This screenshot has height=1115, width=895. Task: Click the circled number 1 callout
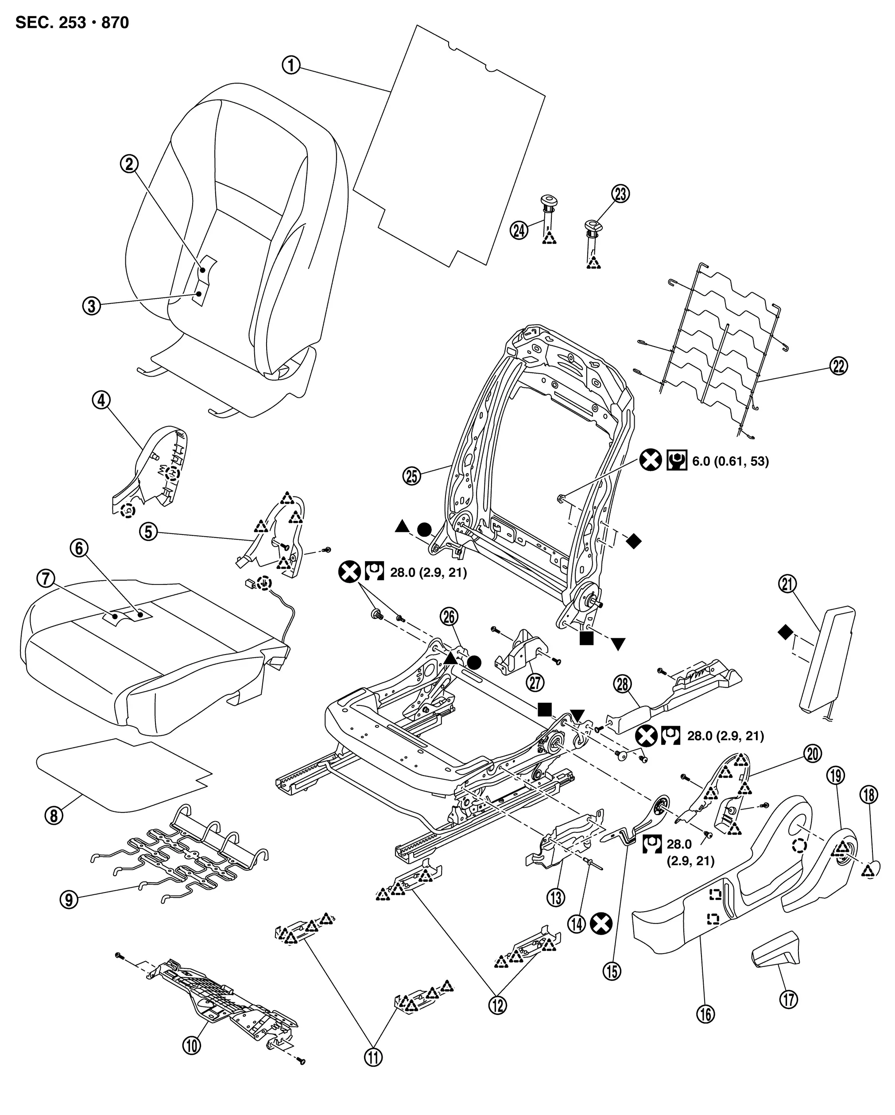tap(291, 66)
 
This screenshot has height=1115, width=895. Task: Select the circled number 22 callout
tap(838, 366)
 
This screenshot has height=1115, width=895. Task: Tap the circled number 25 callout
tap(412, 476)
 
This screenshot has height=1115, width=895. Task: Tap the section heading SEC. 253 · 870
tap(72, 23)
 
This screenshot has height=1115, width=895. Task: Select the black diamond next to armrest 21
tap(785, 632)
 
